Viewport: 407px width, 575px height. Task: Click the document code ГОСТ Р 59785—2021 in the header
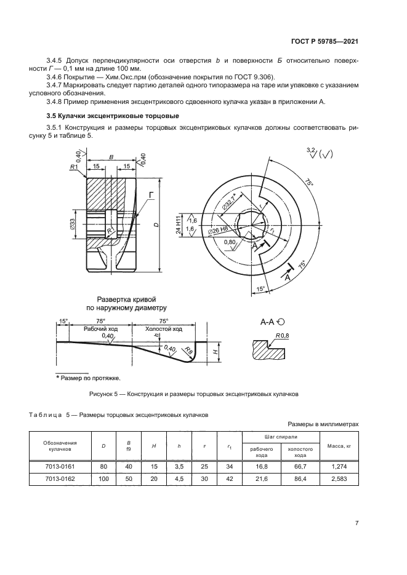click(x=325, y=41)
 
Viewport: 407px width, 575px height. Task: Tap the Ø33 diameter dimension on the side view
click(x=73, y=226)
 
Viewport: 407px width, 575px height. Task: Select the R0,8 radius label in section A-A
click(x=283, y=335)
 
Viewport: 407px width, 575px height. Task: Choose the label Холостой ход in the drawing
click(x=163, y=329)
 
